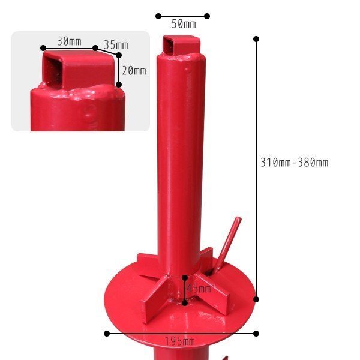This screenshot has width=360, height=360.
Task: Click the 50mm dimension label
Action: (184, 24)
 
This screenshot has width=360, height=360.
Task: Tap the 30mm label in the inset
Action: (69, 41)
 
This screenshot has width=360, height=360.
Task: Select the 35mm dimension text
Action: (116, 45)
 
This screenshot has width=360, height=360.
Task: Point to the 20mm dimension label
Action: (134, 71)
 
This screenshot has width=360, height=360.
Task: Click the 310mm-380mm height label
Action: (294, 163)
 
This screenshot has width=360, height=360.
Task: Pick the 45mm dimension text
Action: (199, 289)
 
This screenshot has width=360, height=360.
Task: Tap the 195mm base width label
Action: (180, 341)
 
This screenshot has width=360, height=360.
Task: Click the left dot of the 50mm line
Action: (158, 16)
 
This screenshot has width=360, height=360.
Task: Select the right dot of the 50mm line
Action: (207, 16)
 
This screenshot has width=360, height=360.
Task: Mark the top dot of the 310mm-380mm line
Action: (256, 39)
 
